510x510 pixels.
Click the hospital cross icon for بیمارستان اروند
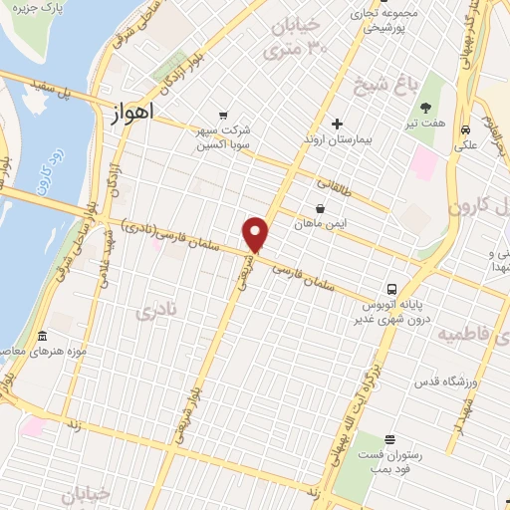[337, 125]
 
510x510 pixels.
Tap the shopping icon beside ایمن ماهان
[320, 208]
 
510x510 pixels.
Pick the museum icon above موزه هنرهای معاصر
[41, 336]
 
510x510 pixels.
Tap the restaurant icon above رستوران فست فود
[389, 439]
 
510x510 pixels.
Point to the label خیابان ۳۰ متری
[297, 35]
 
